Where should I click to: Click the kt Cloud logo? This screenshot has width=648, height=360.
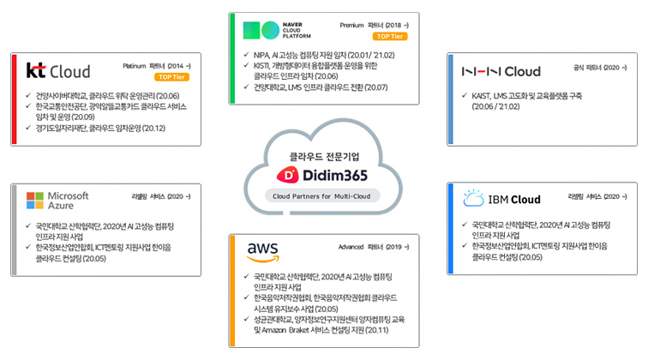[58, 70]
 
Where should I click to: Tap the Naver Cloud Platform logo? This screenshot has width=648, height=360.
[278, 31]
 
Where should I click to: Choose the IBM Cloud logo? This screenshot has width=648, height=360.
[501, 200]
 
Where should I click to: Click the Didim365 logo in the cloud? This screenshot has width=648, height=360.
[323, 176]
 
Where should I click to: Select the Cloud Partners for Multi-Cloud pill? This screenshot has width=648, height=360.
[323, 198]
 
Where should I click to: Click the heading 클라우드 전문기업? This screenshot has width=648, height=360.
[323, 155]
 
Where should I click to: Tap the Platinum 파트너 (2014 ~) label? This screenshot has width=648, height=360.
[153, 65]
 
